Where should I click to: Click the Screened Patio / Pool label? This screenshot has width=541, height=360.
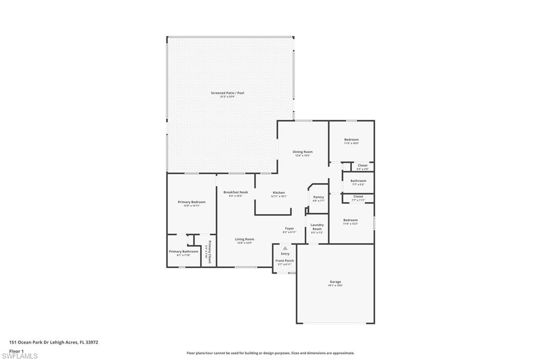[x=227, y=93]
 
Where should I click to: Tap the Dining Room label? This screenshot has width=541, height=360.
[x=303, y=152]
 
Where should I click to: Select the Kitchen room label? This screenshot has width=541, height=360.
[x=278, y=193]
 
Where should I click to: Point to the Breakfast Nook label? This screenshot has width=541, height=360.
[x=235, y=192]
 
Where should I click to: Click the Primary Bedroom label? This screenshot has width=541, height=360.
[x=191, y=202]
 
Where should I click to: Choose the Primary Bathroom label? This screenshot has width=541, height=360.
[x=183, y=252]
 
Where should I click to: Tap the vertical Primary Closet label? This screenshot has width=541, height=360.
[x=209, y=252]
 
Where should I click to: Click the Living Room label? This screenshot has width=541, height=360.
[x=244, y=239]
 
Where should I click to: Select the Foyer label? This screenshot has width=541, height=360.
[x=290, y=229]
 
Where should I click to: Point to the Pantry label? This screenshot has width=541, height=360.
[x=318, y=197]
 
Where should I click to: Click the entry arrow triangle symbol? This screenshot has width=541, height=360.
[x=285, y=248]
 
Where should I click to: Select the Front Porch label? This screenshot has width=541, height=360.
[x=285, y=261]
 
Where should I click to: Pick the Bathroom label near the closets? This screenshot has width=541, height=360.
[x=358, y=181]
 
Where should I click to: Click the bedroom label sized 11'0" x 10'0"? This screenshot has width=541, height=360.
[x=351, y=140]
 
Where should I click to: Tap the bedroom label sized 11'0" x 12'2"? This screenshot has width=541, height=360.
[x=350, y=220]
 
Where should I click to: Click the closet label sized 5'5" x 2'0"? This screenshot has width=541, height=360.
[x=362, y=166]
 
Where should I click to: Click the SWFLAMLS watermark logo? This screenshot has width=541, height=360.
[x=20, y=356]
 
